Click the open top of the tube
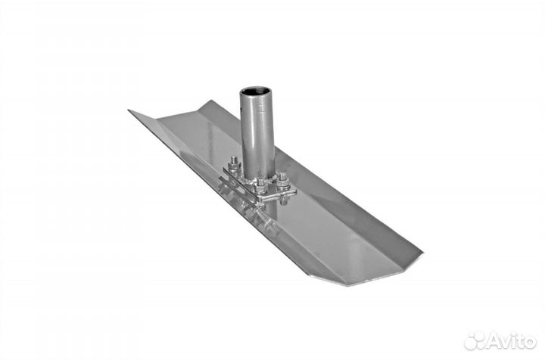click(255, 92)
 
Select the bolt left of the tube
click(235, 164)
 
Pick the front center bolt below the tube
click(260, 186)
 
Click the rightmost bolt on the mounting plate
click(284, 181)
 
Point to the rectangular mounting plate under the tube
click(260, 185)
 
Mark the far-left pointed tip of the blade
click(129, 110)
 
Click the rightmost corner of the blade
click(422, 253)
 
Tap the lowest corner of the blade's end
click(348, 286)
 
